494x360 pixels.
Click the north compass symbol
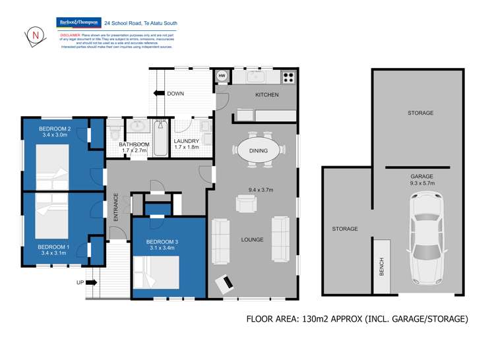32,35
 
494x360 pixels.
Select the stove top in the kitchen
288,76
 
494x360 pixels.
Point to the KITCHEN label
267,95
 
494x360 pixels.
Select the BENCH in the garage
381,266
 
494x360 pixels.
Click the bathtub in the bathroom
161,137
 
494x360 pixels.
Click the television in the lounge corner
225,284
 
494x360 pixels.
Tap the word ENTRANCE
117,206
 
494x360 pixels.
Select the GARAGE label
421,177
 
